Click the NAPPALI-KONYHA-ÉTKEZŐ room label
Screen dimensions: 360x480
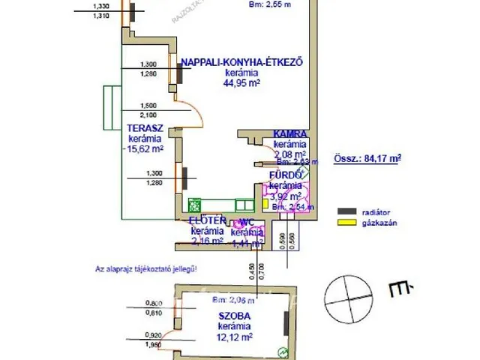tap(241, 63)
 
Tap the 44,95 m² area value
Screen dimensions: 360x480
tap(241, 84)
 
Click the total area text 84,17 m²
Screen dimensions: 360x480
tap(367, 158)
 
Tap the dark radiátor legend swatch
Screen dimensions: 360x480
tap(346, 211)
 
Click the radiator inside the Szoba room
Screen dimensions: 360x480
tap(286, 324)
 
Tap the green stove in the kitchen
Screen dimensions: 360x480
tap(195, 204)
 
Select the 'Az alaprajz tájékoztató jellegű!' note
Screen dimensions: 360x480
tap(145, 268)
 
